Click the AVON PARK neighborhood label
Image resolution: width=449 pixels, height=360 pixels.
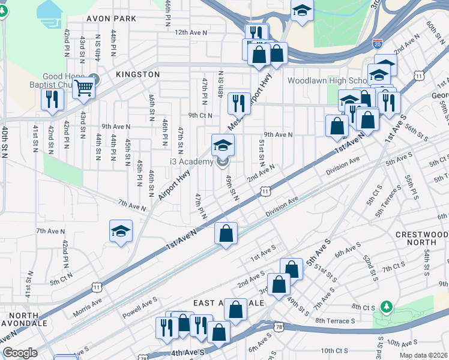[x=112, y=19]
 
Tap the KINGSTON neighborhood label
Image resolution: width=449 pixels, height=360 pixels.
[x=138, y=74]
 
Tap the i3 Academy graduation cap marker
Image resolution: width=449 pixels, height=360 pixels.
[x=223, y=145]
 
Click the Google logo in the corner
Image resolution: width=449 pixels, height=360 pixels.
[x=20, y=353]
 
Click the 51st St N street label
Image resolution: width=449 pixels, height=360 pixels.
[x=261, y=154]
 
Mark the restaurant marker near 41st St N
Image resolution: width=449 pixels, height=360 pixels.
[x=52, y=100]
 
